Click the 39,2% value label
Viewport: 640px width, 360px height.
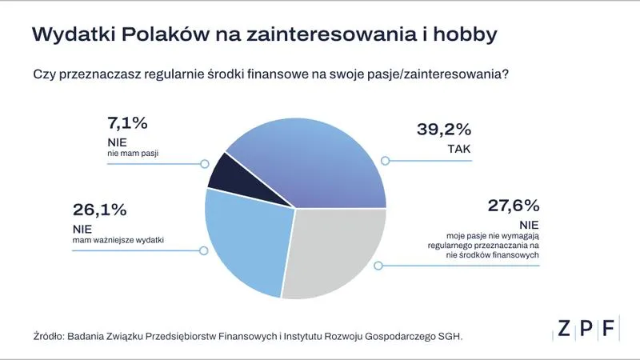tap(444, 129)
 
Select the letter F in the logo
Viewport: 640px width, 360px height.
tap(610, 328)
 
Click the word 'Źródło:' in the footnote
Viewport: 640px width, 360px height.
tap(50, 336)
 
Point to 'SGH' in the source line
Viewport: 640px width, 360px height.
tap(450, 336)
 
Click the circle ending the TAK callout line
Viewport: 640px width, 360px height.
tap(385, 161)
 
